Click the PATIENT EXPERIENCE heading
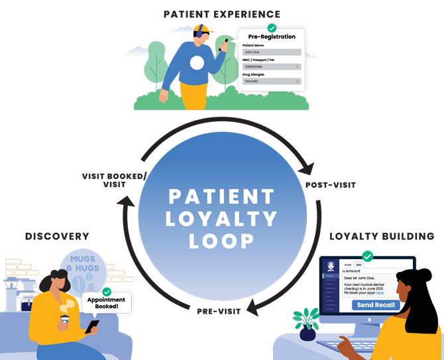point(221,14)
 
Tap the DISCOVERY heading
point(57,236)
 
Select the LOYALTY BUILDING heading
point(382,236)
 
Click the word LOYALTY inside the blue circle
point(221,218)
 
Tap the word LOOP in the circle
point(221,241)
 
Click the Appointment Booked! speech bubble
point(107,303)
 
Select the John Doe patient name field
point(270,52)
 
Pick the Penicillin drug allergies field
point(270,81)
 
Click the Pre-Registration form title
point(272,36)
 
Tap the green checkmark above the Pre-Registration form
point(271,29)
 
